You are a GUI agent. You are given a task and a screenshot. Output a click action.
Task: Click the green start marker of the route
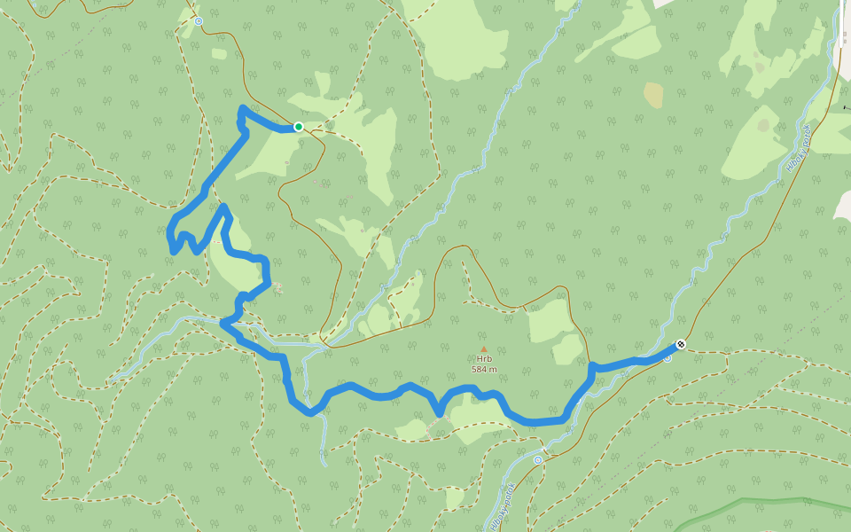click(299, 127)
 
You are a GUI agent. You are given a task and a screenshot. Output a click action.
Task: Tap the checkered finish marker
click(681, 344)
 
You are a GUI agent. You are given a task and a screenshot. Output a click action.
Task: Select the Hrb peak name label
click(484, 360)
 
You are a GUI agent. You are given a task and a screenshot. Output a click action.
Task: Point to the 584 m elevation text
click(484, 369)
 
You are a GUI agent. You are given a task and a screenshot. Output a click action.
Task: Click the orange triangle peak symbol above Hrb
click(484, 350)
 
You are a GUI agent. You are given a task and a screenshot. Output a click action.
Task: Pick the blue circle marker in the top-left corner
click(199, 20)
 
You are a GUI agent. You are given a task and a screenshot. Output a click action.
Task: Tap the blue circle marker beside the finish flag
click(668, 358)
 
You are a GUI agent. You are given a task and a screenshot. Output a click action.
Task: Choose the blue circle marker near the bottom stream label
click(537, 460)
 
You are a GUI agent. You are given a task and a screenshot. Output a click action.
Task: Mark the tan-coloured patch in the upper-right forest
click(653, 95)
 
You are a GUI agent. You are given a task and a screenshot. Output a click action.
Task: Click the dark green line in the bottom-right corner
click(762, 502)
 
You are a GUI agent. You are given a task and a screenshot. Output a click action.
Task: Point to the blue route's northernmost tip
click(242, 108)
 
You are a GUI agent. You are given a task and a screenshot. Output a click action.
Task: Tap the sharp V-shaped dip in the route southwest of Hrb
click(439, 412)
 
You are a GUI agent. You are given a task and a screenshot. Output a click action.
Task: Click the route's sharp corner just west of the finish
click(592, 365)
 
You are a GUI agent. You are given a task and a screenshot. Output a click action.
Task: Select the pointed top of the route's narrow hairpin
click(224, 207)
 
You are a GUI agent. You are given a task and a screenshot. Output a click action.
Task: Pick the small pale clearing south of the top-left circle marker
click(219, 54)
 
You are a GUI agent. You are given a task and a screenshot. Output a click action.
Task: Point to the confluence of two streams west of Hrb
click(312, 348)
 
